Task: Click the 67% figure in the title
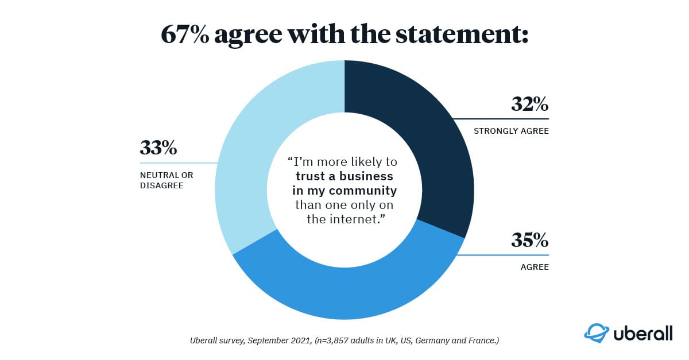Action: pos(185,34)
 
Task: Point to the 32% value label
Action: pos(529,105)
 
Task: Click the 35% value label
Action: pos(529,240)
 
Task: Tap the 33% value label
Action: pos(158,148)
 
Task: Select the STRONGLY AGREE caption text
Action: pos(511,131)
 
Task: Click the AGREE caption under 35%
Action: pos(535,266)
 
